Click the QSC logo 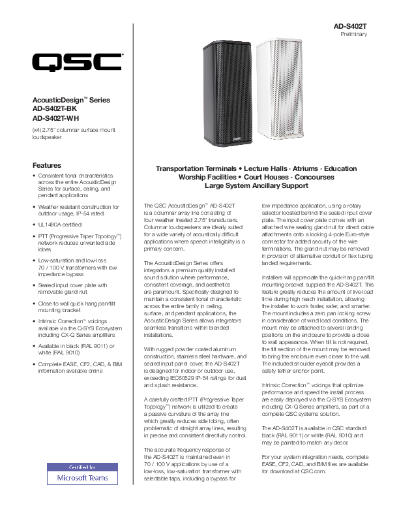pyautogui.click(x=76, y=63)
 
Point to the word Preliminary pyautogui.click(x=354, y=34)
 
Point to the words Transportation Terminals pyautogui.click(x=194, y=168)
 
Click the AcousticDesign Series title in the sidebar pyautogui.click(x=72, y=100)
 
